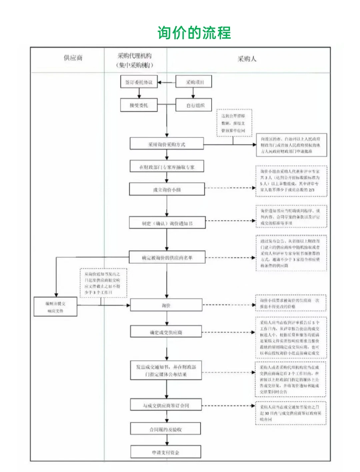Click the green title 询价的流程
click(x=194, y=33)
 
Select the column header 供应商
click(x=73, y=58)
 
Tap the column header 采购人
click(x=247, y=59)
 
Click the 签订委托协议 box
click(x=139, y=82)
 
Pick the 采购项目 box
click(x=194, y=82)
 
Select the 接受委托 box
click(x=139, y=105)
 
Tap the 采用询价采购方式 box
click(x=166, y=144)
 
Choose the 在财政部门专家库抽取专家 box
click(x=166, y=167)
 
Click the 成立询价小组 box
click(x=166, y=190)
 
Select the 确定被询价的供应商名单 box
click(x=166, y=257)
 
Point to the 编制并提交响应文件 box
click(x=55, y=307)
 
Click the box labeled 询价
click(x=166, y=305)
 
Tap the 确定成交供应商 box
click(x=166, y=332)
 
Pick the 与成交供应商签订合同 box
click(x=166, y=405)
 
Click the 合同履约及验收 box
click(x=166, y=429)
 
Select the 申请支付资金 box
click(x=166, y=452)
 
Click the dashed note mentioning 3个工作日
click(x=103, y=283)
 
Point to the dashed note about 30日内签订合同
click(x=290, y=413)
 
